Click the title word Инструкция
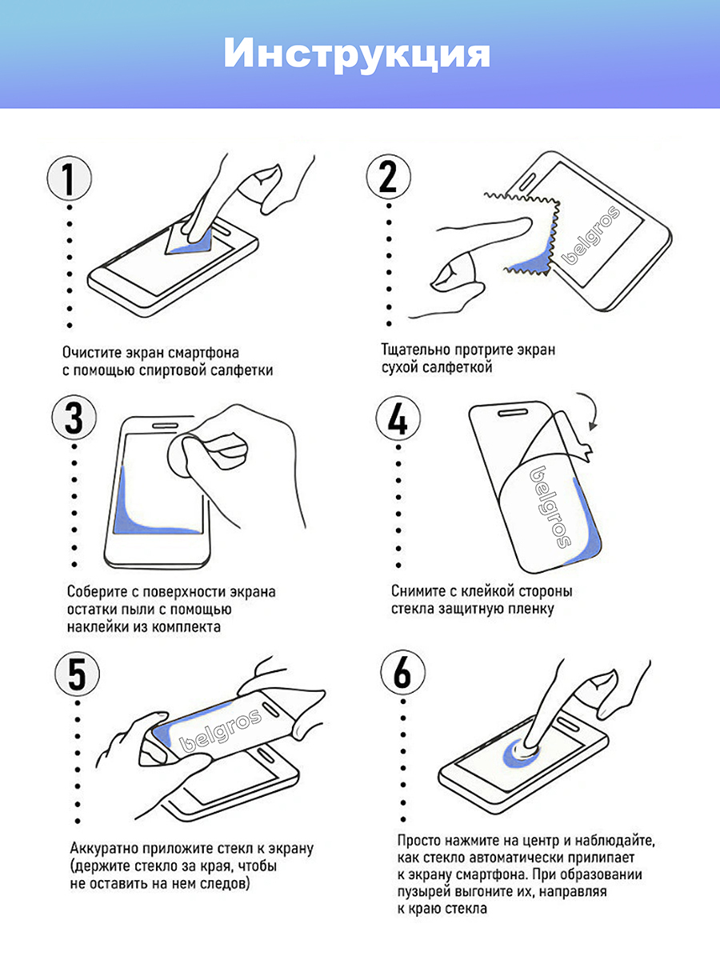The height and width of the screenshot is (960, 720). (x=357, y=54)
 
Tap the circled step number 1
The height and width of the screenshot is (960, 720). (x=69, y=178)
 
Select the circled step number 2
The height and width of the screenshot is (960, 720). (x=388, y=177)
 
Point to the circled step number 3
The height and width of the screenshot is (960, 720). (x=74, y=418)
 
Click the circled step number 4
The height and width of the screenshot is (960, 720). (x=398, y=419)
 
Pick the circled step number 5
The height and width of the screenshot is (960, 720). (x=78, y=674)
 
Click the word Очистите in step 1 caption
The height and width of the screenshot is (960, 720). (x=90, y=353)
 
